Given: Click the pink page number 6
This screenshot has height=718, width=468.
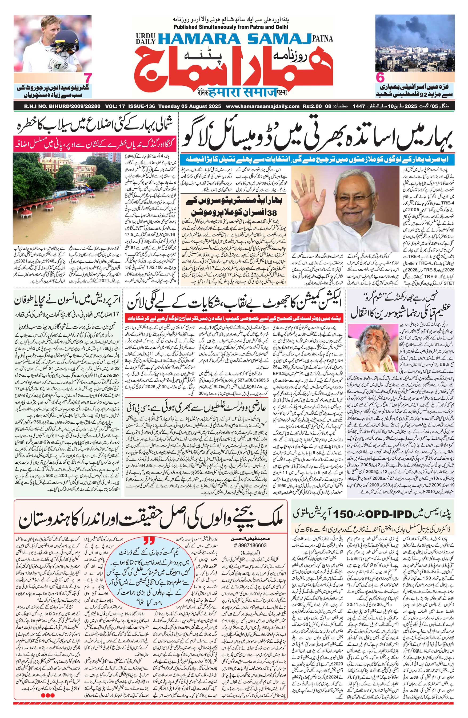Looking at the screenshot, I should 380,78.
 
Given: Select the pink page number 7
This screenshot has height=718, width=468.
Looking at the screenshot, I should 87,78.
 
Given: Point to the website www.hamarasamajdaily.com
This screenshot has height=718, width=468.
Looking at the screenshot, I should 262,106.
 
